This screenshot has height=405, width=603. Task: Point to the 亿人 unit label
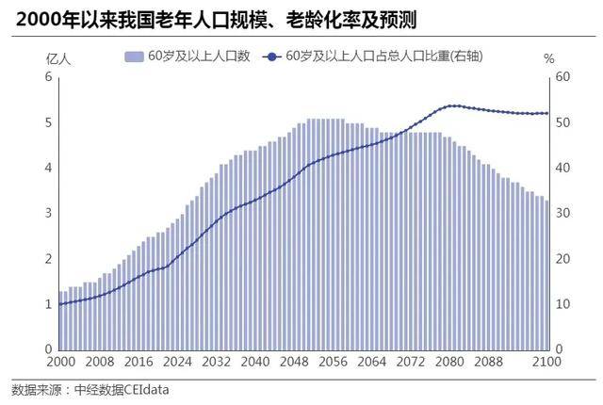pyautogui.click(x=58, y=58)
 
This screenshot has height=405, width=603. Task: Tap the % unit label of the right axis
pyautogui.click(x=550, y=58)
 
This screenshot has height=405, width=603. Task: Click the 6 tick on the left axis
pyautogui.click(x=47, y=77)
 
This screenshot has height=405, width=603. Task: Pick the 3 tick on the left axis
pyautogui.click(x=47, y=214)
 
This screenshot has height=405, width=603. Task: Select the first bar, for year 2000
pyautogui.click(x=59, y=320)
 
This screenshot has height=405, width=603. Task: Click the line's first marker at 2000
pyautogui.click(x=59, y=304)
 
